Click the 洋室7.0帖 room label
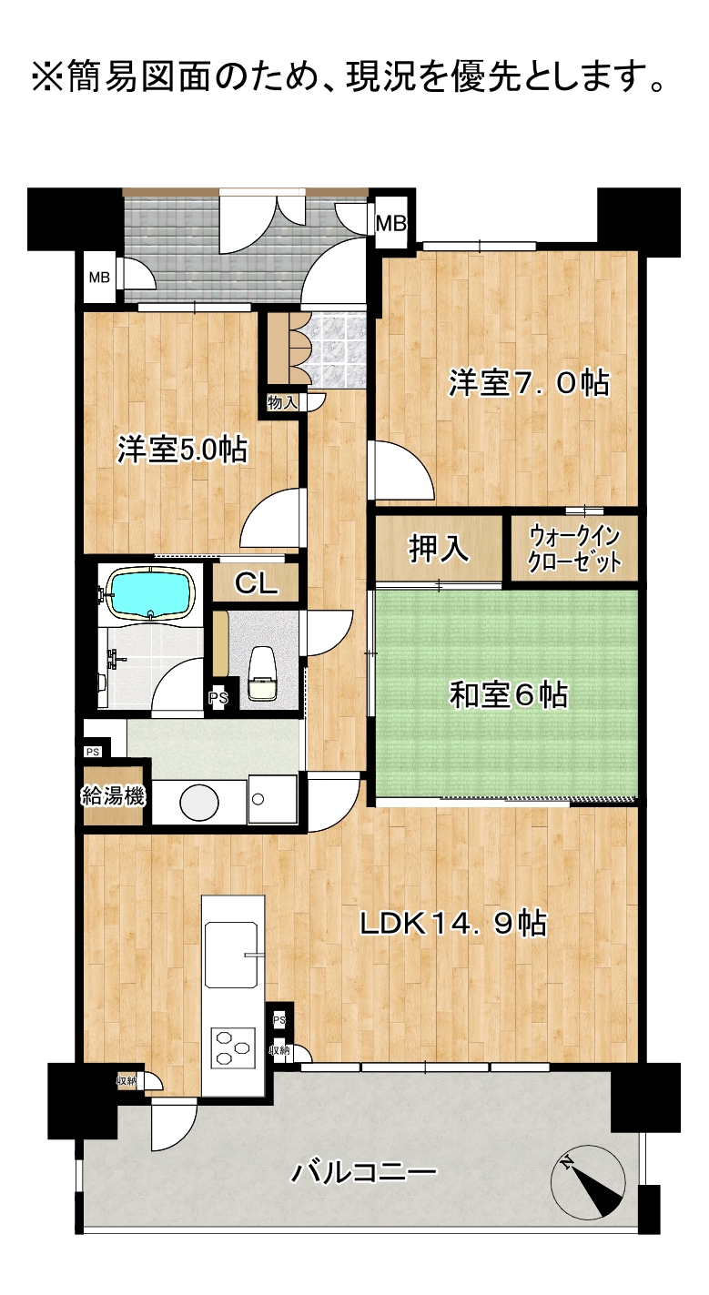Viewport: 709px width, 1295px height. [529, 383]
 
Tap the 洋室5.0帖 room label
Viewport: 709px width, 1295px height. [183, 450]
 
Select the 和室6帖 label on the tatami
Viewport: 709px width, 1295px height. [509, 694]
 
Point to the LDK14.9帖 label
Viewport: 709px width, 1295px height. [453, 924]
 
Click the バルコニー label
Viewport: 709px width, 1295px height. [364, 1173]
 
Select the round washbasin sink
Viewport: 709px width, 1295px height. [199, 802]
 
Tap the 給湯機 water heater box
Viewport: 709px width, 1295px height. [114, 796]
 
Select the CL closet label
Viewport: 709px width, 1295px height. [256, 584]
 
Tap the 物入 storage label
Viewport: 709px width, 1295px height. [282, 403]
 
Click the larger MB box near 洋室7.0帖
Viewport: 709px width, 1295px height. [391, 223]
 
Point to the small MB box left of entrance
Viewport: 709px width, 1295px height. [99, 278]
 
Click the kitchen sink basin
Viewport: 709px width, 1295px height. [231, 954]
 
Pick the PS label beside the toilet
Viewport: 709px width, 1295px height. [218, 698]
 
